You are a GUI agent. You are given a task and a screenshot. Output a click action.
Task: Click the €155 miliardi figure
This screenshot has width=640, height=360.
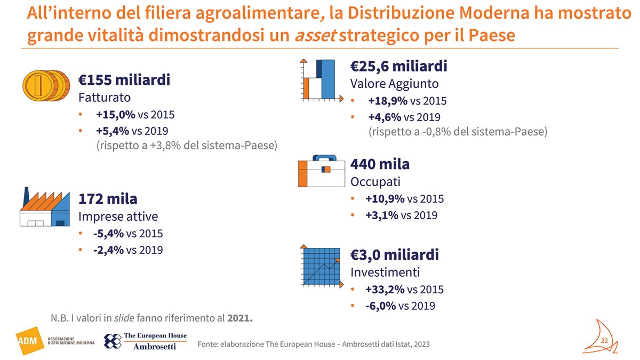pyautogui.click(x=124, y=80)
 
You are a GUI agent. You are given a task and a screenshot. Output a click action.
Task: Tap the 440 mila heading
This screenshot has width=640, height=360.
pyautogui.click(x=380, y=164)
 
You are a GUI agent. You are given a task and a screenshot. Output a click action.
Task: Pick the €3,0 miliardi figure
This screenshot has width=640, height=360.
pyautogui.click(x=394, y=254)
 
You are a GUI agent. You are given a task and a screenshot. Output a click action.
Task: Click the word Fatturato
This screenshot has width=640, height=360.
pyautogui.click(x=104, y=98)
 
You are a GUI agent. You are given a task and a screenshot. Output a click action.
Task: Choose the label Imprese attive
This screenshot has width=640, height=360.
pyautogui.click(x=118, y=217)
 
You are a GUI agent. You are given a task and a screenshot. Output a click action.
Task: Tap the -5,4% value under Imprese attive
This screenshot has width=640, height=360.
pyautogui.click(x=108, y=234)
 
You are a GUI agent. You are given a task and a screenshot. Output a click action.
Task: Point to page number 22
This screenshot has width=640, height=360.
pyautogui.click(x=605, y=341)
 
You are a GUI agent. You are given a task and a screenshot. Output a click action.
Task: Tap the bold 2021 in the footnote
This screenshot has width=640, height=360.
pyautogui.click(x=239, y=319)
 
